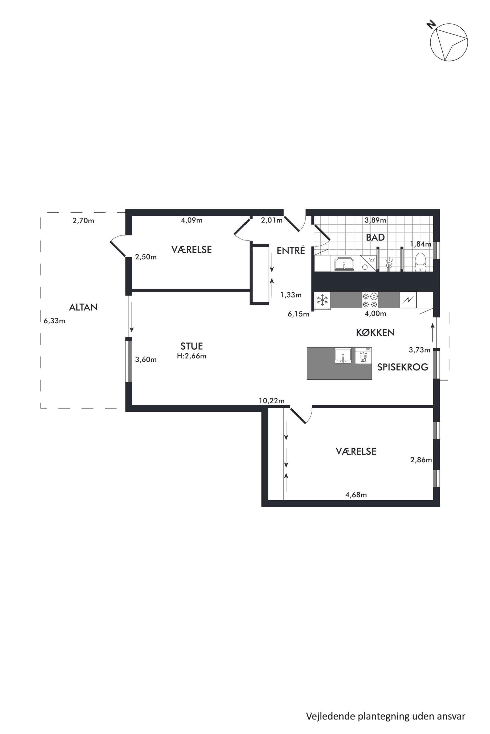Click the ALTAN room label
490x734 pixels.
83,307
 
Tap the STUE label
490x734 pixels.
192,346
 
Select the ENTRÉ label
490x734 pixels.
291,251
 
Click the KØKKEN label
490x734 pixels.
375,333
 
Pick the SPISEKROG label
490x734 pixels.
403,367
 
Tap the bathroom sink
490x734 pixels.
344,264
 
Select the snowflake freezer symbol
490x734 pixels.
323,300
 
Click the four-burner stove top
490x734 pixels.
370,300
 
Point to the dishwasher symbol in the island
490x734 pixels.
363,355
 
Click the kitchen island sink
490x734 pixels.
344,356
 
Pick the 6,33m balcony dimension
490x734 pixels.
54,321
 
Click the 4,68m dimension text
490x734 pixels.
356,495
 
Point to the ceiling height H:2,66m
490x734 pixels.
192,356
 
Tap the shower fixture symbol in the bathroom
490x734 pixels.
389,264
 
